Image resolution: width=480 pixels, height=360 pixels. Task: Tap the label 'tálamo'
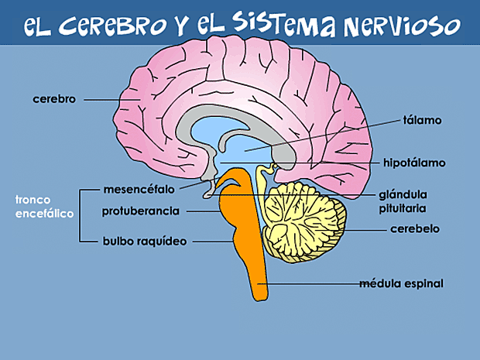pos(422,121)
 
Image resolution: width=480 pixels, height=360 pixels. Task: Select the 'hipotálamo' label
pos(414,163)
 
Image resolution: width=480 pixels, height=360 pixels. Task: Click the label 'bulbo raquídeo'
pos(145,241)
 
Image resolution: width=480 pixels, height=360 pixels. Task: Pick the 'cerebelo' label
pos(415,229)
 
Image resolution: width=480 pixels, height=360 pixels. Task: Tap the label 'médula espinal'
pos(401,283)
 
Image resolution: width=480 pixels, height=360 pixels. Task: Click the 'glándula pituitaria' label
pos(403,201)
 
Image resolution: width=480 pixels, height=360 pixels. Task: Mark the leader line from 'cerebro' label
pos(108,100)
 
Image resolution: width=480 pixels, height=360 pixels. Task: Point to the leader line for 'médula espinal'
pos(310,284)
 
